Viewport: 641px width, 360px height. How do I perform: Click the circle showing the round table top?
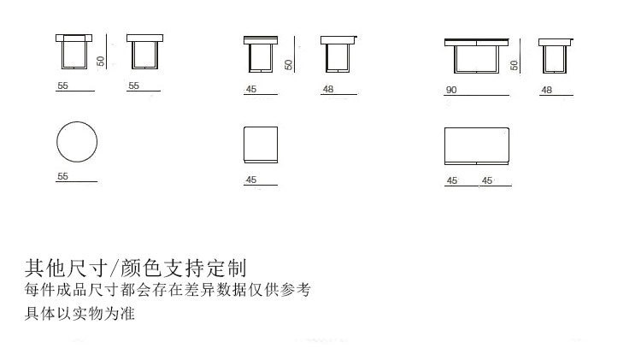[76, 143]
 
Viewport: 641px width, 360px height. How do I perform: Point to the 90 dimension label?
[451, 90]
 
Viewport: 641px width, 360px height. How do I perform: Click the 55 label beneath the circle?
[62, 176]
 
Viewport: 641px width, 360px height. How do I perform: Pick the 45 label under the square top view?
[251, 180]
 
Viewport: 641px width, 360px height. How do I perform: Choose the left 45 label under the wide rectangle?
[452, 180]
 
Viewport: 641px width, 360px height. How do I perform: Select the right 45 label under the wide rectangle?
[488, 180]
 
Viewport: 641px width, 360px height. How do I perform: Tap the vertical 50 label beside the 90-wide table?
[514, 64]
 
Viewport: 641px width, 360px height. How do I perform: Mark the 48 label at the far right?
[547, 90]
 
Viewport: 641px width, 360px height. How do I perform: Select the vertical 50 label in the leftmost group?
[101, 62]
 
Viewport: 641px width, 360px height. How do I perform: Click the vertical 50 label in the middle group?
[288, 63]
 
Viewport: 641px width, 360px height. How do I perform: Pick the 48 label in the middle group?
[328, 90]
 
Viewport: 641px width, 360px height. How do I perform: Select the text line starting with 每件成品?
[167, 290]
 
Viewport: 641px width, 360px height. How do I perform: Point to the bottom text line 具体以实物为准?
[80, 314]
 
